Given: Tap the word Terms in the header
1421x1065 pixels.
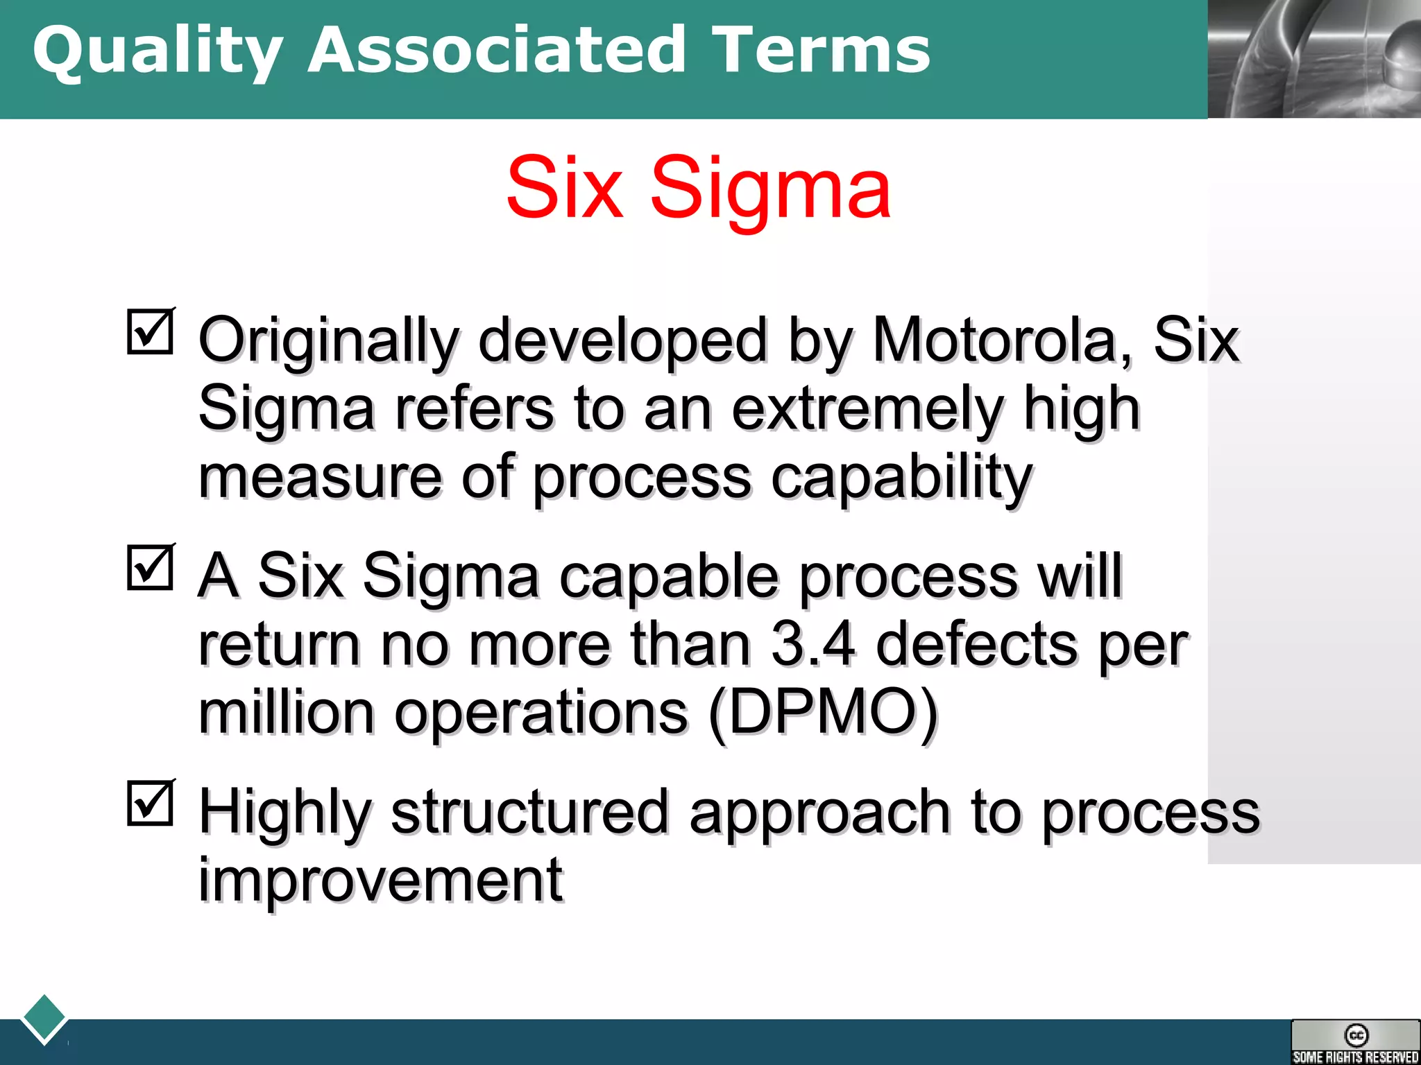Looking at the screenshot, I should pyautogui.click(x=822, y=50).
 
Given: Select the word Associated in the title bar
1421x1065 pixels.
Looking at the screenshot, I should pyautogui.click(x=497, y=50).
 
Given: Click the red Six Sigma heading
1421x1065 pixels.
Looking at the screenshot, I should pyautogui.click(x=698, y=187).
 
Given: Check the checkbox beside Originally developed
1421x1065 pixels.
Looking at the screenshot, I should pyautogui.click(x=151, y=332).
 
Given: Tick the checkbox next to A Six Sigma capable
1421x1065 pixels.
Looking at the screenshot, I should pyautogui.click(x=151, y=568).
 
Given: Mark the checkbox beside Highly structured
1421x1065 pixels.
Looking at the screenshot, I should pyautogui.click(x=151, y=804).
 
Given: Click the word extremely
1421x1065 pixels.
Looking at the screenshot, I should pyautogui.click(x=867, y=409).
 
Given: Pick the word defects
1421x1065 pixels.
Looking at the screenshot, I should pyautogui.click(x=978, y=645).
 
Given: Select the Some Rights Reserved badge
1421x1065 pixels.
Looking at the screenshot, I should pyautogui.click(x=1355, y=1041).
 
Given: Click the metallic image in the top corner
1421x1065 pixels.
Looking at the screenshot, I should pyautogui.click(x=1314, y=59).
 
